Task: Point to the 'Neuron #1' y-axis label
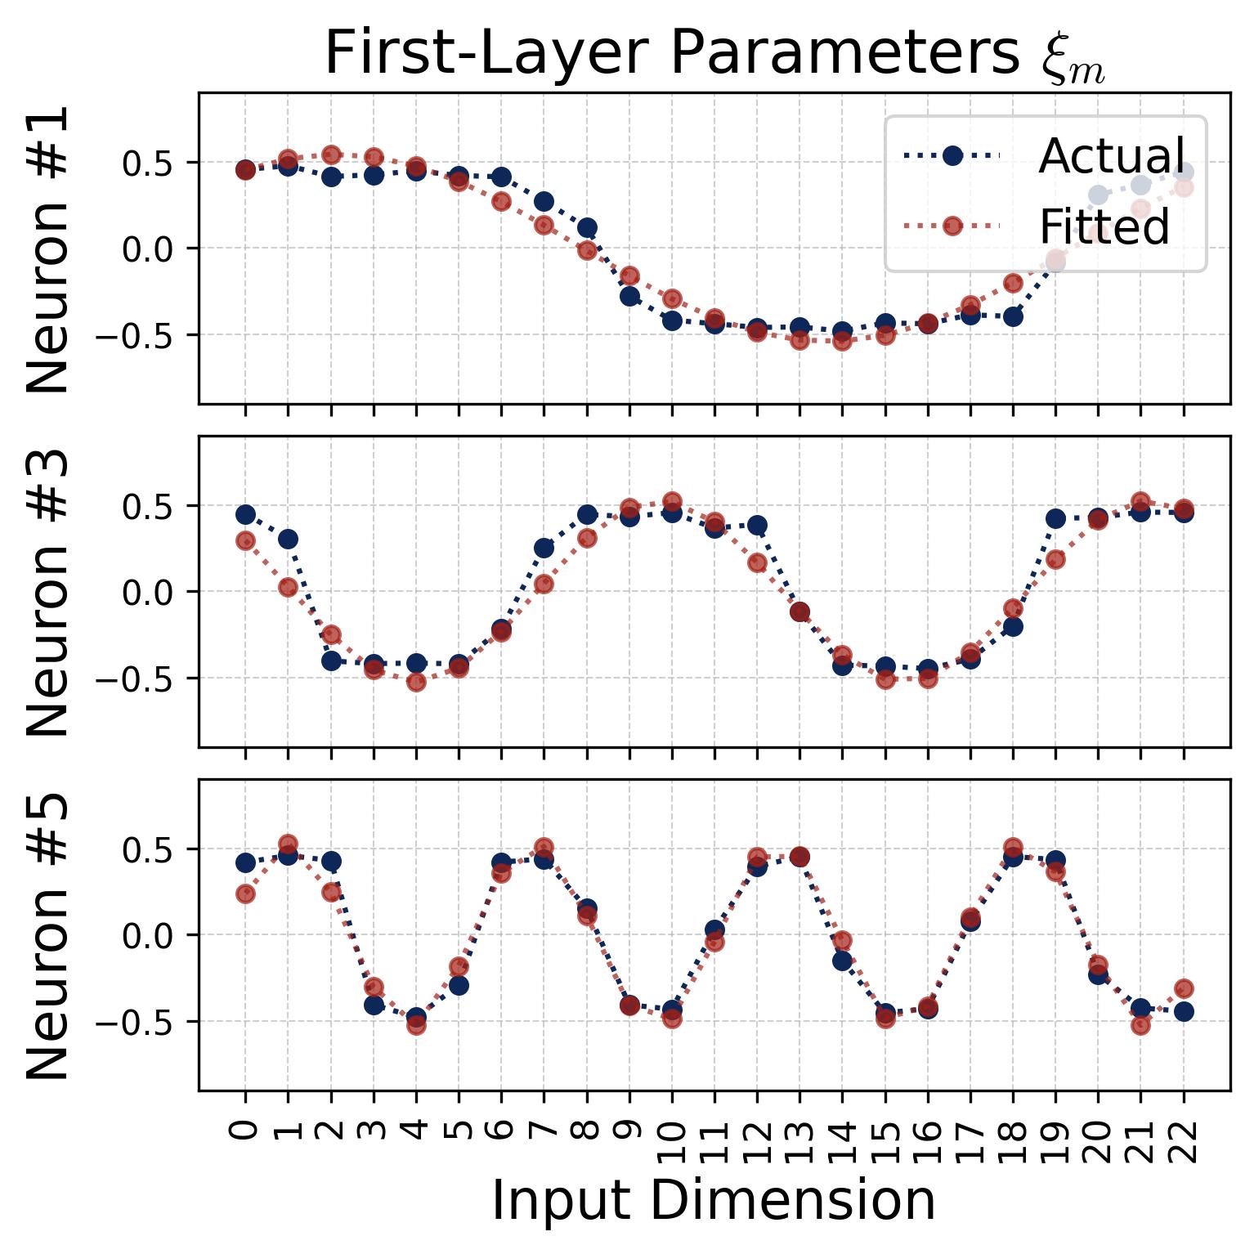[47, 249]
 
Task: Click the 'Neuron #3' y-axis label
[47, 592]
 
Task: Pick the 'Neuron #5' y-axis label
[47, 935]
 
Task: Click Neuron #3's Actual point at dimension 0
[245, 514]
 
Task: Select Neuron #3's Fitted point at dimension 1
[288, 587]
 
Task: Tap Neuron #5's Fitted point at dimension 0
[245, 893]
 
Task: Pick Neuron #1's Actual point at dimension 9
[629, 296]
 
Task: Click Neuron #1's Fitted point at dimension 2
[331, 155]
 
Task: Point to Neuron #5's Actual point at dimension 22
[1184, 1011]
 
